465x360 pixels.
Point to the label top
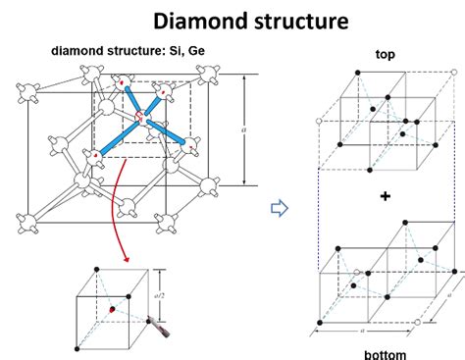pyautogui.click(x=385, y=55)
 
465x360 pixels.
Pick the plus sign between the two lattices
pyautogui.click(x=385, y=196)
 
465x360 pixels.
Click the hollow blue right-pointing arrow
pyautogui.click(x=277, y=207)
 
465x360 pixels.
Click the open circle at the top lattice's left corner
pyautogui.click(x=319, y=120)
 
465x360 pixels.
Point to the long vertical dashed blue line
pyautogui.click(x=319, y=196)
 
